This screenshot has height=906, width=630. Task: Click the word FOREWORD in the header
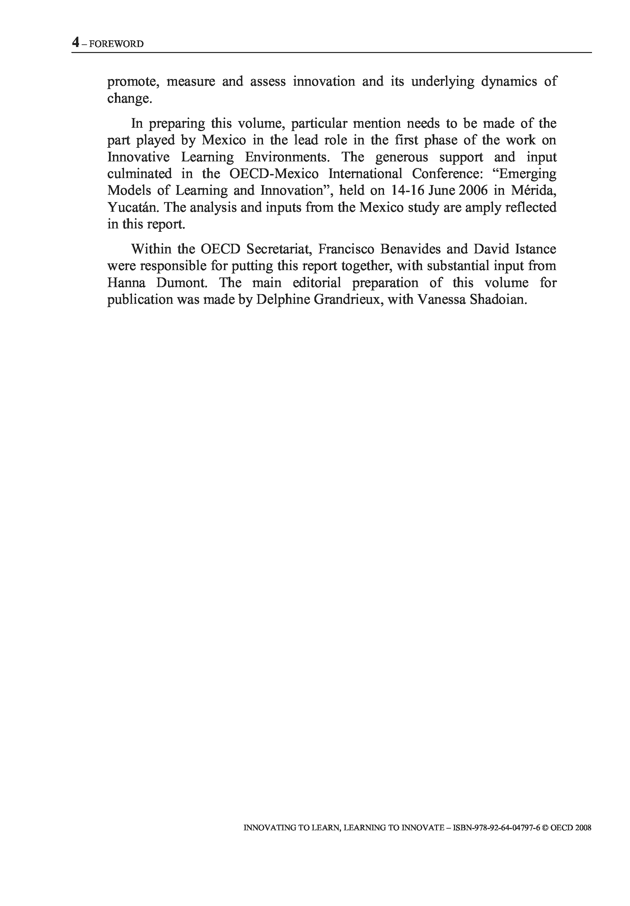pos(116,44)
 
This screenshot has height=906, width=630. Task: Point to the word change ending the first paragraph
pos(129,98)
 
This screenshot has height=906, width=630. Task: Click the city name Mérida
pos(533,191)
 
